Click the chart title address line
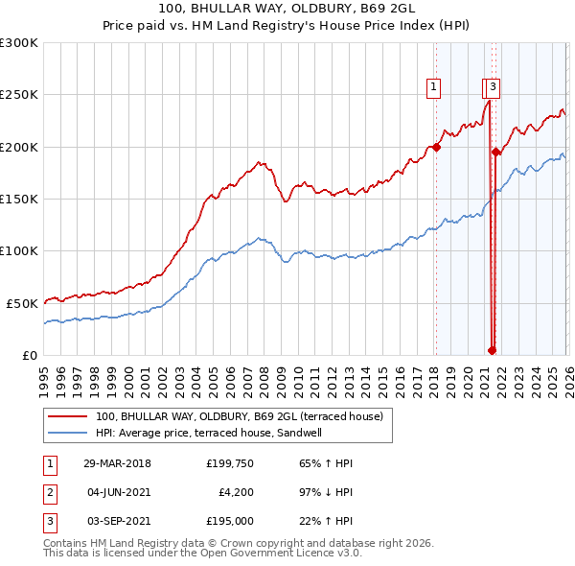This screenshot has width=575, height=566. pos(287,9)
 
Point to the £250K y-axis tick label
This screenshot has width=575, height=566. pos(19,95)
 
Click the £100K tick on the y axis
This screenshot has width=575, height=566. pos(19,250)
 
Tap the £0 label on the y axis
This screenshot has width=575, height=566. pos(30,355)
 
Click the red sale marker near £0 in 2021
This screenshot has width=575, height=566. pos(492,350)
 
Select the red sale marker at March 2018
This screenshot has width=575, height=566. pos(436,147)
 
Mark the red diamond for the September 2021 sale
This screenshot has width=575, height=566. pos(495,152)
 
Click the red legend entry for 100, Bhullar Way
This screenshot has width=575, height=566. pos(240,416)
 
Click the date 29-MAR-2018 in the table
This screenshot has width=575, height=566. pos(117,463)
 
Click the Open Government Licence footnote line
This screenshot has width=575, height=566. pos(202,554)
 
